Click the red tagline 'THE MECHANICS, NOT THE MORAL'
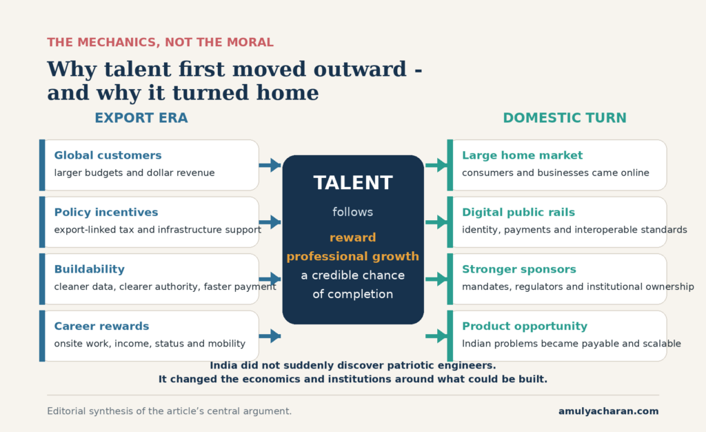(x=160, y=42)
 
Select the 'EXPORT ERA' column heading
(x=141, y=118)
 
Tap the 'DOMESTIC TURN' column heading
(x=565, y=118)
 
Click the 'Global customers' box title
(x=108, y=155)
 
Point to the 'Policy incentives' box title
(x=106, y=213)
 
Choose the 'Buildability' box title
(x=90, y=269)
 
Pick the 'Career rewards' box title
(x=102, y=326)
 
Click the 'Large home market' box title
(x=523, y=156)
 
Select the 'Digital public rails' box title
(x=518, y=213)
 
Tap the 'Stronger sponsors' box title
(x=519, y=269)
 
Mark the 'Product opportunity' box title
(x=525, y=326)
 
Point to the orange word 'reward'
(x=352, y=237)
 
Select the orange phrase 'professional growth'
(x=353, y=257)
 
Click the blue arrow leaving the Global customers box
(x=270, y=165)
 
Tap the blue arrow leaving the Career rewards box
(x=270, y=336)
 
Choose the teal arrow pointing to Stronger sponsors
(x=436, y=279)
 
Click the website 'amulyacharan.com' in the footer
(x=608, y=411)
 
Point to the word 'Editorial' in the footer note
(x=66, y=411)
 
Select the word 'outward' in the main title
(x=360, y=70)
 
